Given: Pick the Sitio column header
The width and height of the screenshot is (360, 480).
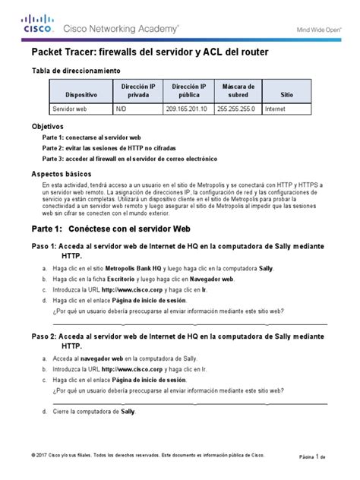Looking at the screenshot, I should pyautogui.click(x=286, y=95).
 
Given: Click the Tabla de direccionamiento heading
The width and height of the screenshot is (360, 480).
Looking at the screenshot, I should pyautogui.click(x=75, y=70).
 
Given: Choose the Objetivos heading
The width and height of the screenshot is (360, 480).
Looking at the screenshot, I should pyautogui.click(x=46, y=125).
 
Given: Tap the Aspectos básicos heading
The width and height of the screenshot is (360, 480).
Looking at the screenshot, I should pyautogui.click(x=59, y=174).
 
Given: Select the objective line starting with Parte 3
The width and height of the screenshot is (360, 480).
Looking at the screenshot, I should pyautogui.click(x=129, y=159).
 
